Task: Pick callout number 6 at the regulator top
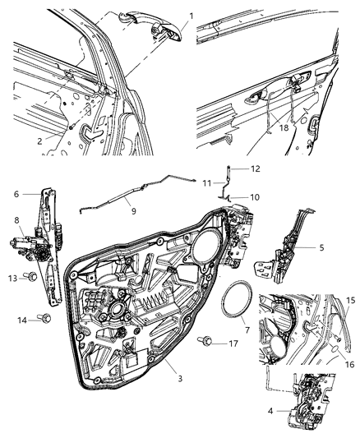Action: [16, 194]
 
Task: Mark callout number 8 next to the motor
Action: [16, 220]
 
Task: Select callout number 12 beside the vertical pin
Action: [255, 168]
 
